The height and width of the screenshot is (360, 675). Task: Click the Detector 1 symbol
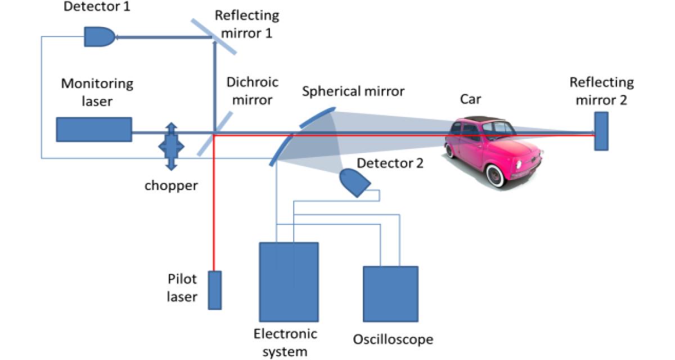[x=99, y=37]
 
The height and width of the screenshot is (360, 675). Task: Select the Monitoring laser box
[x=94, y=129]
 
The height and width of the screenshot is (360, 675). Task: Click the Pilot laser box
[x=214, y=290]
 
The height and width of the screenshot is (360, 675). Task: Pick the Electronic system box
[x=289, y=281]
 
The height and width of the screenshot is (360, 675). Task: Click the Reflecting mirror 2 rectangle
[x=601, y=131]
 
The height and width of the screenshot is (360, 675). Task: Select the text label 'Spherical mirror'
[x=353, y=91]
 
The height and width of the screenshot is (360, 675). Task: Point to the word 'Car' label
[x=471, y=100]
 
